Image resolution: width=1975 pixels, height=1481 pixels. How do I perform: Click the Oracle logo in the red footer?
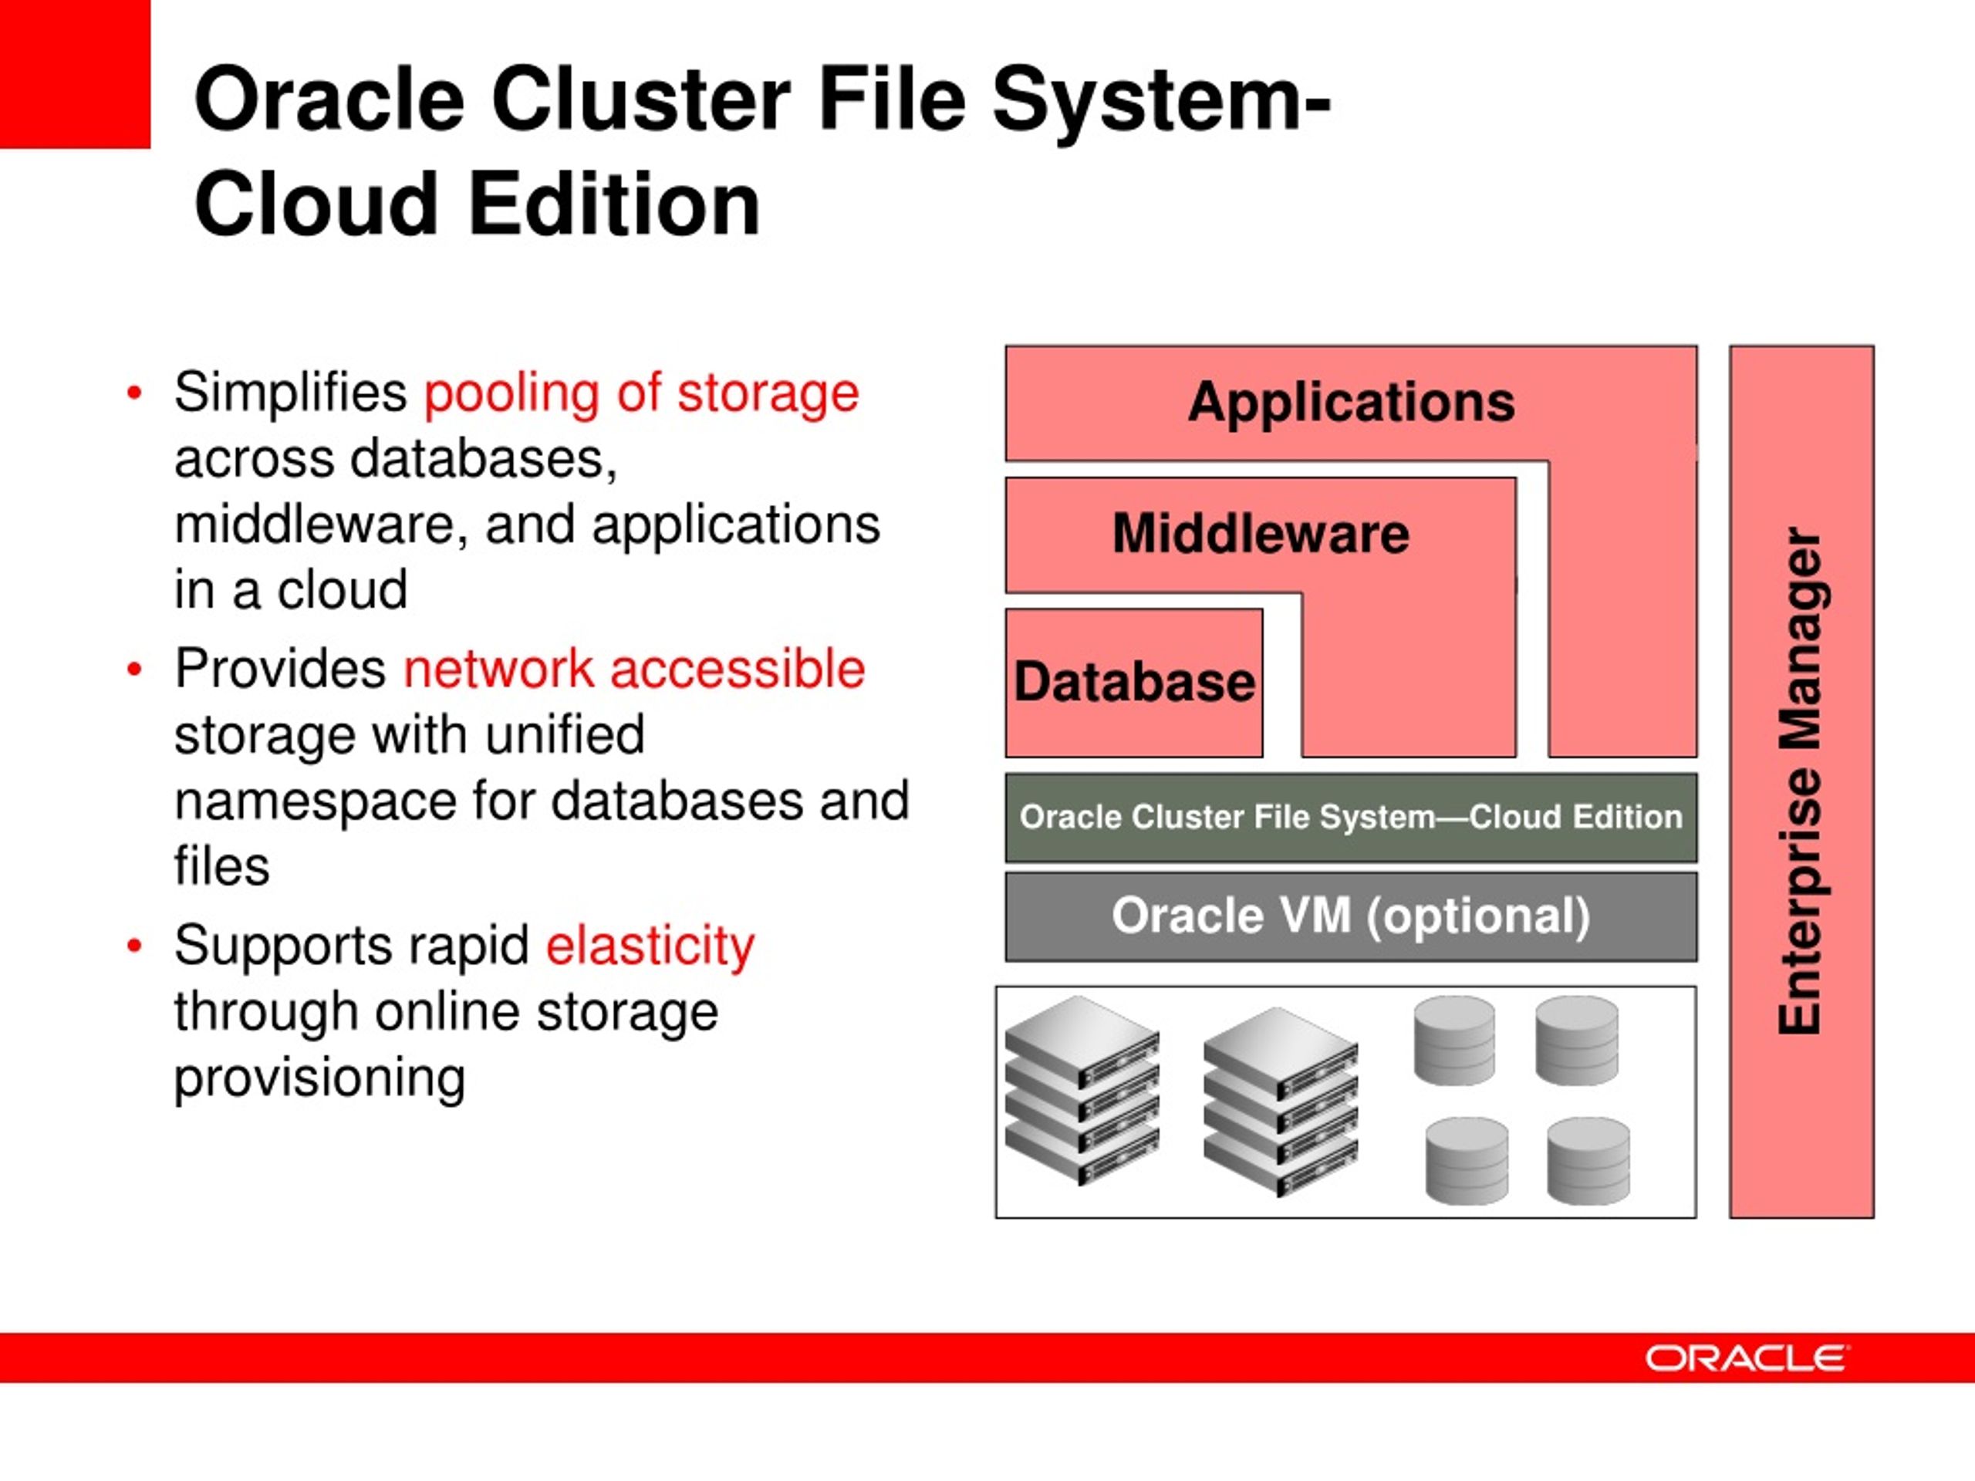point(1747,1358)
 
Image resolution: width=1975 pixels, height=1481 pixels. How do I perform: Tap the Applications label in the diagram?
point(1351,402)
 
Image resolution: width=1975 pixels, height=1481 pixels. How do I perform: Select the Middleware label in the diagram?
point(1260,534)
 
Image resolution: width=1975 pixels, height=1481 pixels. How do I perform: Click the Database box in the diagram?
point(1134,683)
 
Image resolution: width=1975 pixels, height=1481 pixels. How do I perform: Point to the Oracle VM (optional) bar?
point(1351,916)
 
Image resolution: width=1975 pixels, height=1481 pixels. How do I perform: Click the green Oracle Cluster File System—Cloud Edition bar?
point(1351,817)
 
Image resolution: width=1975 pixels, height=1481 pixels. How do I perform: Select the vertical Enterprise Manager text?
point(1800,781)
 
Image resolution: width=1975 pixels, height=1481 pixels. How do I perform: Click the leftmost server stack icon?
point(1082,1090)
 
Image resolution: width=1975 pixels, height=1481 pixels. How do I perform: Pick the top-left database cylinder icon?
point(1453,1040)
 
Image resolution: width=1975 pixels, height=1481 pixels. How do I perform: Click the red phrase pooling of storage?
point(641,393)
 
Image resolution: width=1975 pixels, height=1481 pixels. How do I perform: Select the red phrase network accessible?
point(634,669)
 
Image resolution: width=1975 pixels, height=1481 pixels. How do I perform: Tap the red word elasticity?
point(650,946)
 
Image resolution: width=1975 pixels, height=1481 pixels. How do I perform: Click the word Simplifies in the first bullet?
point(290,393)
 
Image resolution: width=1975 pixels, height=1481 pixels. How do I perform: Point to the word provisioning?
point(319,1078)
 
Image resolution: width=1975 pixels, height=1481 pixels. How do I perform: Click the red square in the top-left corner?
point(74,73)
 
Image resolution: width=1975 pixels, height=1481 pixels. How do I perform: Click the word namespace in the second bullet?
point(314,801)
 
